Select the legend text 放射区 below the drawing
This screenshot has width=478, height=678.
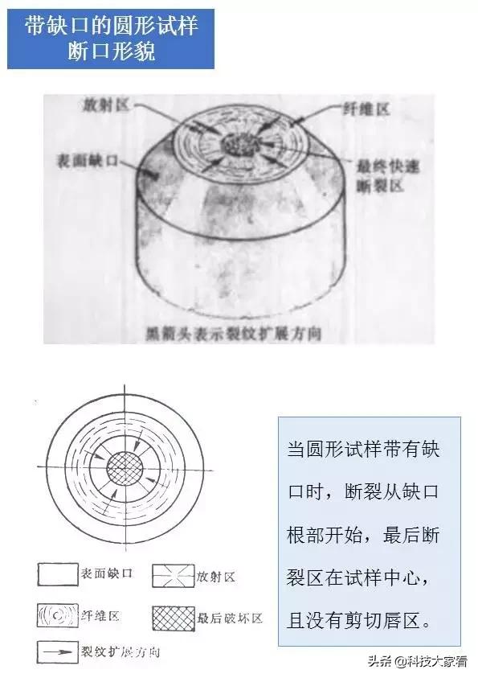pyautogui.click(x=217, y=577)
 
